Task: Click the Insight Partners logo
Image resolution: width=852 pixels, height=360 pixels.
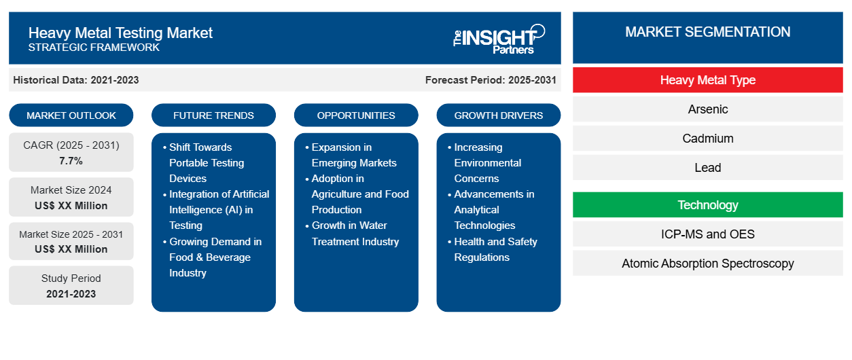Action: point(499,38)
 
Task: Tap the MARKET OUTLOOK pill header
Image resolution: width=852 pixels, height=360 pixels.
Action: point(71,115)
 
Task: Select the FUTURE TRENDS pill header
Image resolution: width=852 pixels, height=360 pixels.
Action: point(213,115)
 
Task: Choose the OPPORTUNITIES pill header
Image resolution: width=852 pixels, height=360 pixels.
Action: point(356,115)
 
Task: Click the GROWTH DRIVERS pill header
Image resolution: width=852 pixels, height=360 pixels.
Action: point(499,115)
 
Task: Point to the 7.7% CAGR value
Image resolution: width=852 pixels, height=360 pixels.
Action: point(71,161)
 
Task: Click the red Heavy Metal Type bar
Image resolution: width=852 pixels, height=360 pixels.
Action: point(707,80)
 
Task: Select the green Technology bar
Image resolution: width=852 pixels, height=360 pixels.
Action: point(707,205)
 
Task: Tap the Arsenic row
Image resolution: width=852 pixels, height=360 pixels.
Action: point(707,109)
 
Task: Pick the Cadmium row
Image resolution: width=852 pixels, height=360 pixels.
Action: point(707,139)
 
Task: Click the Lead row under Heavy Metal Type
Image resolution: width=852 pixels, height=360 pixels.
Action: point(707,168)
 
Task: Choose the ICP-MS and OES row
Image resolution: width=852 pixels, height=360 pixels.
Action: point(707,234)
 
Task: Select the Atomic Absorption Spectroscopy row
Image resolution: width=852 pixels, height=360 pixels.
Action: point(707,264)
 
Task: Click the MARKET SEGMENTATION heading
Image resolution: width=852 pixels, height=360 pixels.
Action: point(707,32)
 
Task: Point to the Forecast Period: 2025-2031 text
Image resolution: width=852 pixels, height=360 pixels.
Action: point(491,80)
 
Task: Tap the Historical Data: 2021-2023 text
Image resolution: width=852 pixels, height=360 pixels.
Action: point(76,80)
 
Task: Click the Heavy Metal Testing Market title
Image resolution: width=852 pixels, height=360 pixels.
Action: point(120,33)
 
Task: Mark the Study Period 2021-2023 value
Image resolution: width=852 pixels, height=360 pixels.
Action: point(71,294)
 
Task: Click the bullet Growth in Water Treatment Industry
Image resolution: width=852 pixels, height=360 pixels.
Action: point(355,234)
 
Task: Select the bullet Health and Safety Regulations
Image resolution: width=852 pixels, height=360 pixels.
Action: point(495,249)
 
